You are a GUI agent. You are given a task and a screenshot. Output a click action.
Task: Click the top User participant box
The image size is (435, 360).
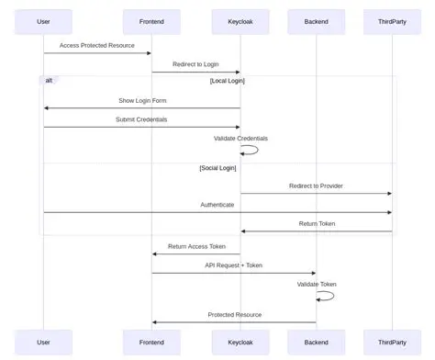(x=43, y=20)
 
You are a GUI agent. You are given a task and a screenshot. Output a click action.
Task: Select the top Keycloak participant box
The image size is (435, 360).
(x=240, y=20)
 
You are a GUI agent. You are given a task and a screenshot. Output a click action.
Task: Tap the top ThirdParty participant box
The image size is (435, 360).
(x=393, y=20)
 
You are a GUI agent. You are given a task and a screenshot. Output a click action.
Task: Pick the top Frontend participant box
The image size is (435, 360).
(x=151, y=20)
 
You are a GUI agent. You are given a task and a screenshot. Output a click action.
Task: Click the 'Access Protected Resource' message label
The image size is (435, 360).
(x=97, y=45)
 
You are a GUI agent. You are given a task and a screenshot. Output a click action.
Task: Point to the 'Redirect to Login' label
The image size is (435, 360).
(x=195, y=64)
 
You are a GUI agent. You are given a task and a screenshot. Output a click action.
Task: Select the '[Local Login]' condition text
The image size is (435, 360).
(x=227, y=81)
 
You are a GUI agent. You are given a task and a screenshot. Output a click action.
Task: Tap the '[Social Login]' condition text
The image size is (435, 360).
(x=217, y=168)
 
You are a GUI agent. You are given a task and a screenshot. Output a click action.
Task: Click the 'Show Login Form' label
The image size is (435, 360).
(x=142, y=100)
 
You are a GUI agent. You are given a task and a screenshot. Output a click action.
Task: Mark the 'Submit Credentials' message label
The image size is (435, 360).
(x=142, y=119)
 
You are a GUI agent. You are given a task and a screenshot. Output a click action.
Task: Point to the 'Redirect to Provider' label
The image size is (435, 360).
(x=316, y=186)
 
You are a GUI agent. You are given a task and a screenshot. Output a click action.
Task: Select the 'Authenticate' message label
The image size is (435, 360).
(x=217, y=205)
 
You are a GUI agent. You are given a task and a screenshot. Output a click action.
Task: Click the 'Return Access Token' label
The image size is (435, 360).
(x=195, y=246)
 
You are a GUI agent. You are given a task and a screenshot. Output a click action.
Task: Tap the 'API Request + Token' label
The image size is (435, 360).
(x=233, y=265)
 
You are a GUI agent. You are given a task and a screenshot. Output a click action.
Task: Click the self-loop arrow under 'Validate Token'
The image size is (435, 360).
(x=326, y=296)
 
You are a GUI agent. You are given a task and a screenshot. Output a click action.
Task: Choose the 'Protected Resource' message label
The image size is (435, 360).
(x=234, y=315)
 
